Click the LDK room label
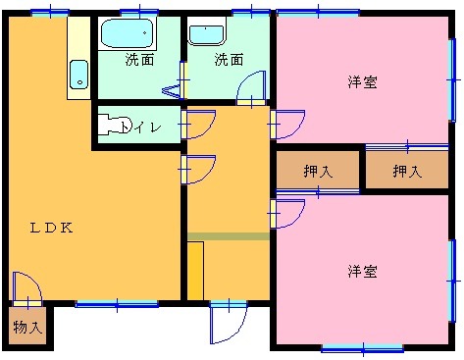[x=51, y=228]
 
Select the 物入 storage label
[x=27, y=327]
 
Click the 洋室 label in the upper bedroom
[x=363, y=82]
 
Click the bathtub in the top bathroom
[x=129, y=35]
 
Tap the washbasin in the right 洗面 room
[x=206, y=34]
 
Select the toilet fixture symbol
[x=119, y=126]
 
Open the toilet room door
[x=199, y=125]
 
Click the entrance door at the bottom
[x=227, y=321]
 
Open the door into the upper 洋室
[x=288, y=125]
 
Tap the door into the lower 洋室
[x=288, y=213]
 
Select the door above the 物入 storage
[x=26, y=287]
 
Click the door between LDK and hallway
[x=199, y=169]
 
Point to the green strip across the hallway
[x=228, y=235]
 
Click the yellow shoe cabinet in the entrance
[x=195, y=270]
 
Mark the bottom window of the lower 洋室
[x=362, y=347]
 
